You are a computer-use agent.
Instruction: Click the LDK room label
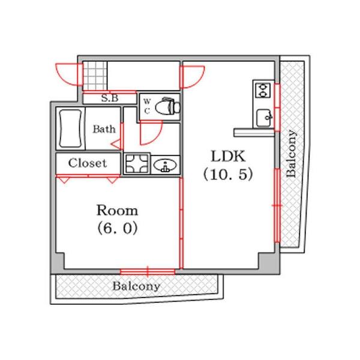click(228, 157)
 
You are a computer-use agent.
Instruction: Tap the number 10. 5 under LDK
click(228, 175)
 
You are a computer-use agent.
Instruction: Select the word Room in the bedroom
click(117, 210)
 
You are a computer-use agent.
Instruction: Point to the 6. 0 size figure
click(118, 228)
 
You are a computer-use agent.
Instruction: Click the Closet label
click(88, 163)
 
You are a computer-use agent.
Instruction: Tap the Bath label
click(104, 129)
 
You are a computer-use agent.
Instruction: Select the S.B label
click(110, 98)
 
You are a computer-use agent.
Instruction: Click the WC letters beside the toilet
click(147, 106)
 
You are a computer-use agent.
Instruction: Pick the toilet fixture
click(167, 106)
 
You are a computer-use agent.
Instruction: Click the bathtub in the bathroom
click(70, 128)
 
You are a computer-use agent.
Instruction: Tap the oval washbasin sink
click(165, 165)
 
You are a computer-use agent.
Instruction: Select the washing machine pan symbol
click(137, 164)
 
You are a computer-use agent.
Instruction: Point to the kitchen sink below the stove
click(265, 118)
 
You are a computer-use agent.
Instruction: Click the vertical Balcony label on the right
click(292, 154)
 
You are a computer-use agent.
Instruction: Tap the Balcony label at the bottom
click(136, 286)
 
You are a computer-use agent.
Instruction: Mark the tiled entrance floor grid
click(95, 76)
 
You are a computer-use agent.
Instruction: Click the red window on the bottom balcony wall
click(148, 272)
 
